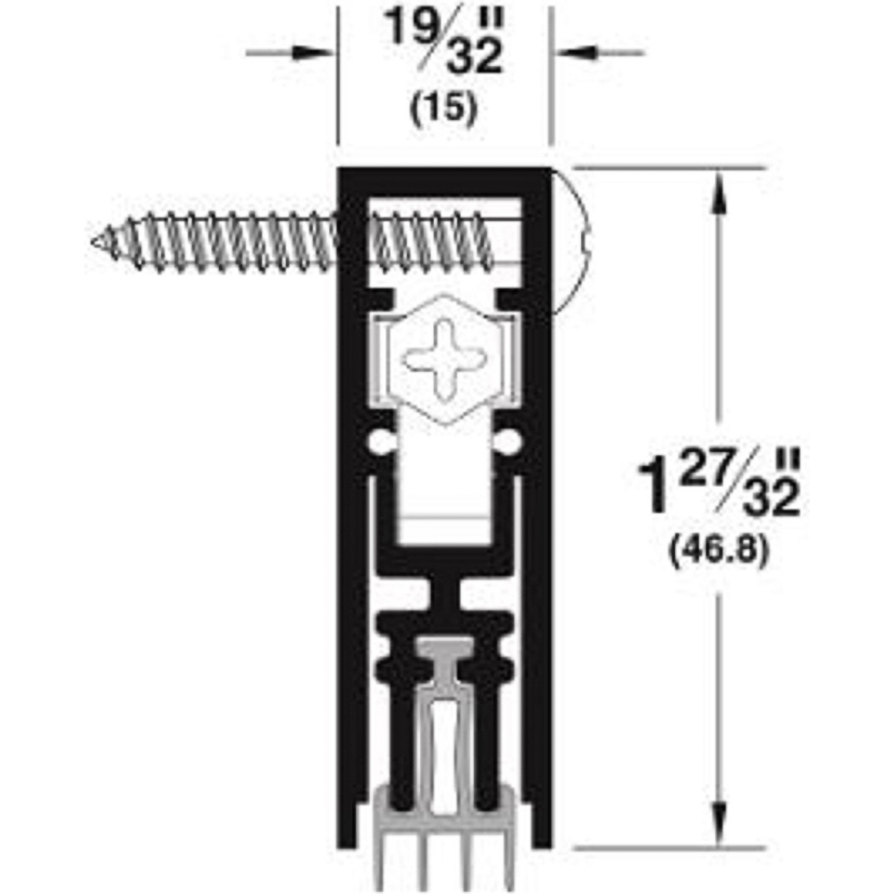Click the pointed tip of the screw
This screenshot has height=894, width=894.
click(97, 240)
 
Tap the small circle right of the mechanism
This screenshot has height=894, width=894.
click(509, 441)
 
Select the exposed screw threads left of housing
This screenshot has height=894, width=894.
click(223, 240)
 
